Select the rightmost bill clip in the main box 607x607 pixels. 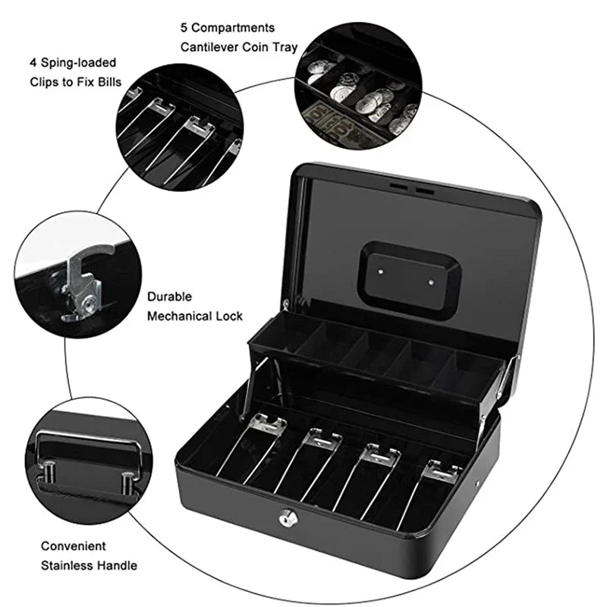point(442,472)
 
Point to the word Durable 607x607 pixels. point(169,297)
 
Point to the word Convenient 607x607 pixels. point(74,546)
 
